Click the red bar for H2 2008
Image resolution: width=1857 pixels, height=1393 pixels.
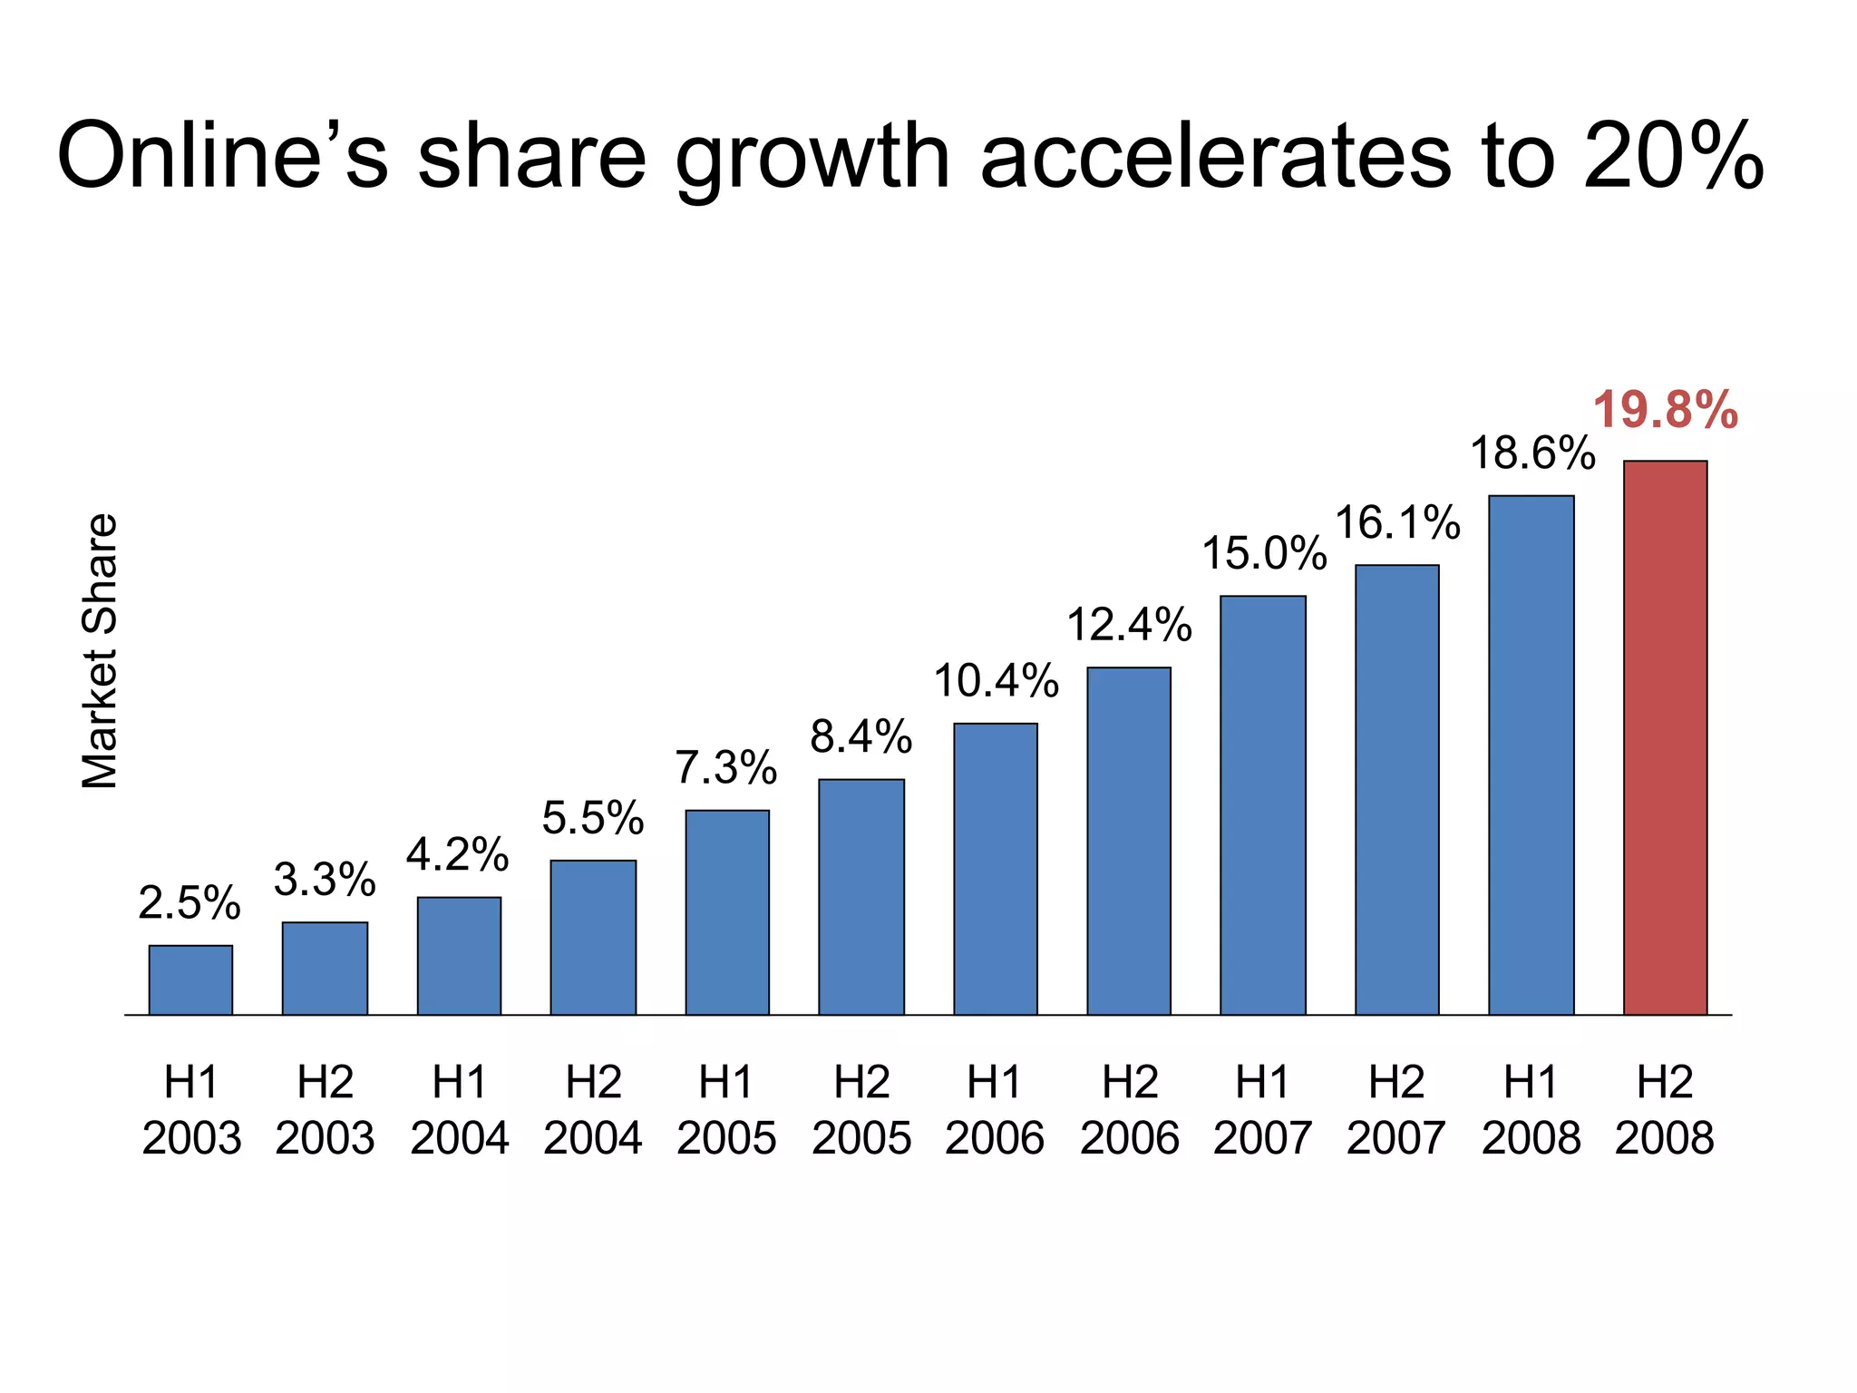point(1665,737)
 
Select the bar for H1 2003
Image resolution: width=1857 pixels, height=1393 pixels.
point(190,979)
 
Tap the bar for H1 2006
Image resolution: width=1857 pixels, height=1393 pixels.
point(995,868)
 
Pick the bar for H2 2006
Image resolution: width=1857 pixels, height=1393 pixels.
point(1129,841)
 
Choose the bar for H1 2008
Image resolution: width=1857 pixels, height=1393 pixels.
point(1531,755)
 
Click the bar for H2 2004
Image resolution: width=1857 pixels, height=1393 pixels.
point(593,937)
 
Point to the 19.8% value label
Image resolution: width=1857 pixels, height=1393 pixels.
point(1665,410)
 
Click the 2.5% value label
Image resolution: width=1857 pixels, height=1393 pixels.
point(190,903)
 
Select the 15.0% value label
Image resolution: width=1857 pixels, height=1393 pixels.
point(1264,553)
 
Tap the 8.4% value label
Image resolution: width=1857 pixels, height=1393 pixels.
point(860,736)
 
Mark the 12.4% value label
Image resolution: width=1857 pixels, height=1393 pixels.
point(1129,625)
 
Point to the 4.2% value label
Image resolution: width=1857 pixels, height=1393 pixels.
point(458,855)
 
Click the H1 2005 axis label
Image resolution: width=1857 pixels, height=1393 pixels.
point(726,1110)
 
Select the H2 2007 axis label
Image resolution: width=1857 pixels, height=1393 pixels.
point(1396,1110)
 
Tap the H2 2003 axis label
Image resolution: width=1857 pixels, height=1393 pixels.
point(325,1110)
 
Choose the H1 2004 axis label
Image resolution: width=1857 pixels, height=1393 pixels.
point(459,1110)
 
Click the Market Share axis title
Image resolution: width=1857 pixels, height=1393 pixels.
point(100,650)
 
